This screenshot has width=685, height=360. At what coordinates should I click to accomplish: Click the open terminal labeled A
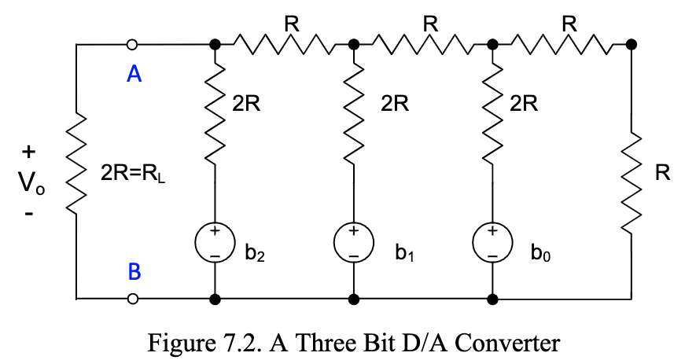pyautogui.click(x=133, y=44)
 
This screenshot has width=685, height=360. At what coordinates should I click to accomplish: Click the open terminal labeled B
pyautogui.click(x=133, y=299)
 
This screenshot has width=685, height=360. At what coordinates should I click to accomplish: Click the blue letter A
pyautogui.click(x=134, y=75)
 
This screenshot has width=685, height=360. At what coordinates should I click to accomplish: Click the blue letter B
pyautogui.click(x=134, y=272)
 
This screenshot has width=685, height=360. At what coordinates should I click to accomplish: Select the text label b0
pyautogui.click(x=540, y=255)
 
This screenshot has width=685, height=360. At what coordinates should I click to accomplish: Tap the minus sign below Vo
pyautogui.click(x=29, y=212)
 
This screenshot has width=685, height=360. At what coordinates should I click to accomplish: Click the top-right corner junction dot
pyautogui.click(x=632, y=44)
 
